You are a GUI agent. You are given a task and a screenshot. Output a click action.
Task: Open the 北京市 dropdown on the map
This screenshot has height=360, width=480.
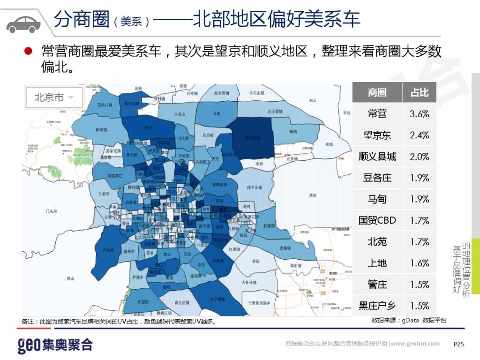click(x=54, y=98)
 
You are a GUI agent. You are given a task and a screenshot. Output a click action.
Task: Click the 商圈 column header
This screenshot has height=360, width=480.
click(x=377, y=92)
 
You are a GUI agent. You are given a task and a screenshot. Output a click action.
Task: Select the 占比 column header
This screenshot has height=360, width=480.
click(x=420, y=92)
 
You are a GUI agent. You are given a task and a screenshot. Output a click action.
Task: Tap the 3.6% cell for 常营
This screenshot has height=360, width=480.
click(x=420, y=114)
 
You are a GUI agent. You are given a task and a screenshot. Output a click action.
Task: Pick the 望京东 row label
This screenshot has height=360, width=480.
click(x=377, y=135)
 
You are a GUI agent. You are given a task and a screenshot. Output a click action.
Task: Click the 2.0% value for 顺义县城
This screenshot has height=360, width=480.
click(x=420, y=157)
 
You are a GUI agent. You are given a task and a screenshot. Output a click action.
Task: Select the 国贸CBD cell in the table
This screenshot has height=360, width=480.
click(x=377, y=220)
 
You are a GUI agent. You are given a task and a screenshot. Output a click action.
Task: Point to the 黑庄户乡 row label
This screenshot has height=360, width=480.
click(x=377, y=306)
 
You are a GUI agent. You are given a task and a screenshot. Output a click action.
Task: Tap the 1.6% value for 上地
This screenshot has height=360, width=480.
click(x=420, y=263)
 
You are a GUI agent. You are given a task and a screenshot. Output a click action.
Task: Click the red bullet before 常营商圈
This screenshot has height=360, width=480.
click(x=28, y=51)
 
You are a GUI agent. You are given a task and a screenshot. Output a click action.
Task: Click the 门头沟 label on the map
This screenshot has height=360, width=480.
click(x=51, y=211)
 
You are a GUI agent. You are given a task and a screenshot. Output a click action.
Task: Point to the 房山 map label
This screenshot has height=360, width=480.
click(x=70, y=278)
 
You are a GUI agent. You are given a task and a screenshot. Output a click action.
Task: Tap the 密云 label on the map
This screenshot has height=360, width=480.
click(x=313, y=100)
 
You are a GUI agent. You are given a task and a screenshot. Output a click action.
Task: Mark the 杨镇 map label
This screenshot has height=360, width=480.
click(x=293, y=132)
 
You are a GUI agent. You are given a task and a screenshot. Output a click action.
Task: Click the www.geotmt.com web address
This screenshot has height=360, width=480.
click(x=415, y=344)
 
